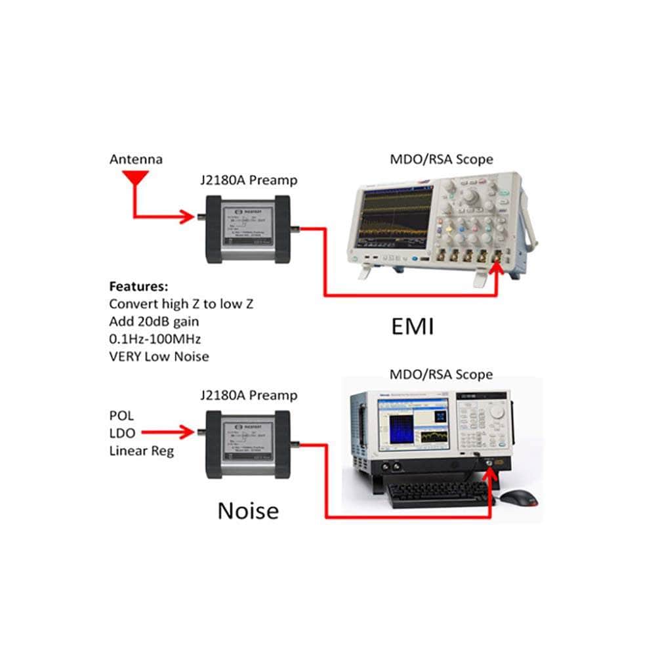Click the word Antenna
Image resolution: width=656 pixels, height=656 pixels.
pyautogui.click(x=136, y=159)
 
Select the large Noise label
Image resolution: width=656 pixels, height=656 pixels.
pyautogui.click(x=248, y=510)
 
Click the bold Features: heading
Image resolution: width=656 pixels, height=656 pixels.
pyautogui.click(x=138, y=287)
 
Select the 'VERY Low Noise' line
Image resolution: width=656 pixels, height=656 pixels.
pyautogui.click(x=159, y=357)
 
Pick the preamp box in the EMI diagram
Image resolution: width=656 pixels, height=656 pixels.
pyautogui.click(x=247, y=228)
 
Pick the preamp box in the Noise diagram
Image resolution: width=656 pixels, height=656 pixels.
pyautogui.click(x=247, y=445)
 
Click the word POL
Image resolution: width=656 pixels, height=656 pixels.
pyautogui.click(x=121, y=415)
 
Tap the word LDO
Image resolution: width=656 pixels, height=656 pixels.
pyautogui.click(x=121, y=433)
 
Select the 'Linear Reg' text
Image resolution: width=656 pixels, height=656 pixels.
pyautogui.click(x=141, y=451)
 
